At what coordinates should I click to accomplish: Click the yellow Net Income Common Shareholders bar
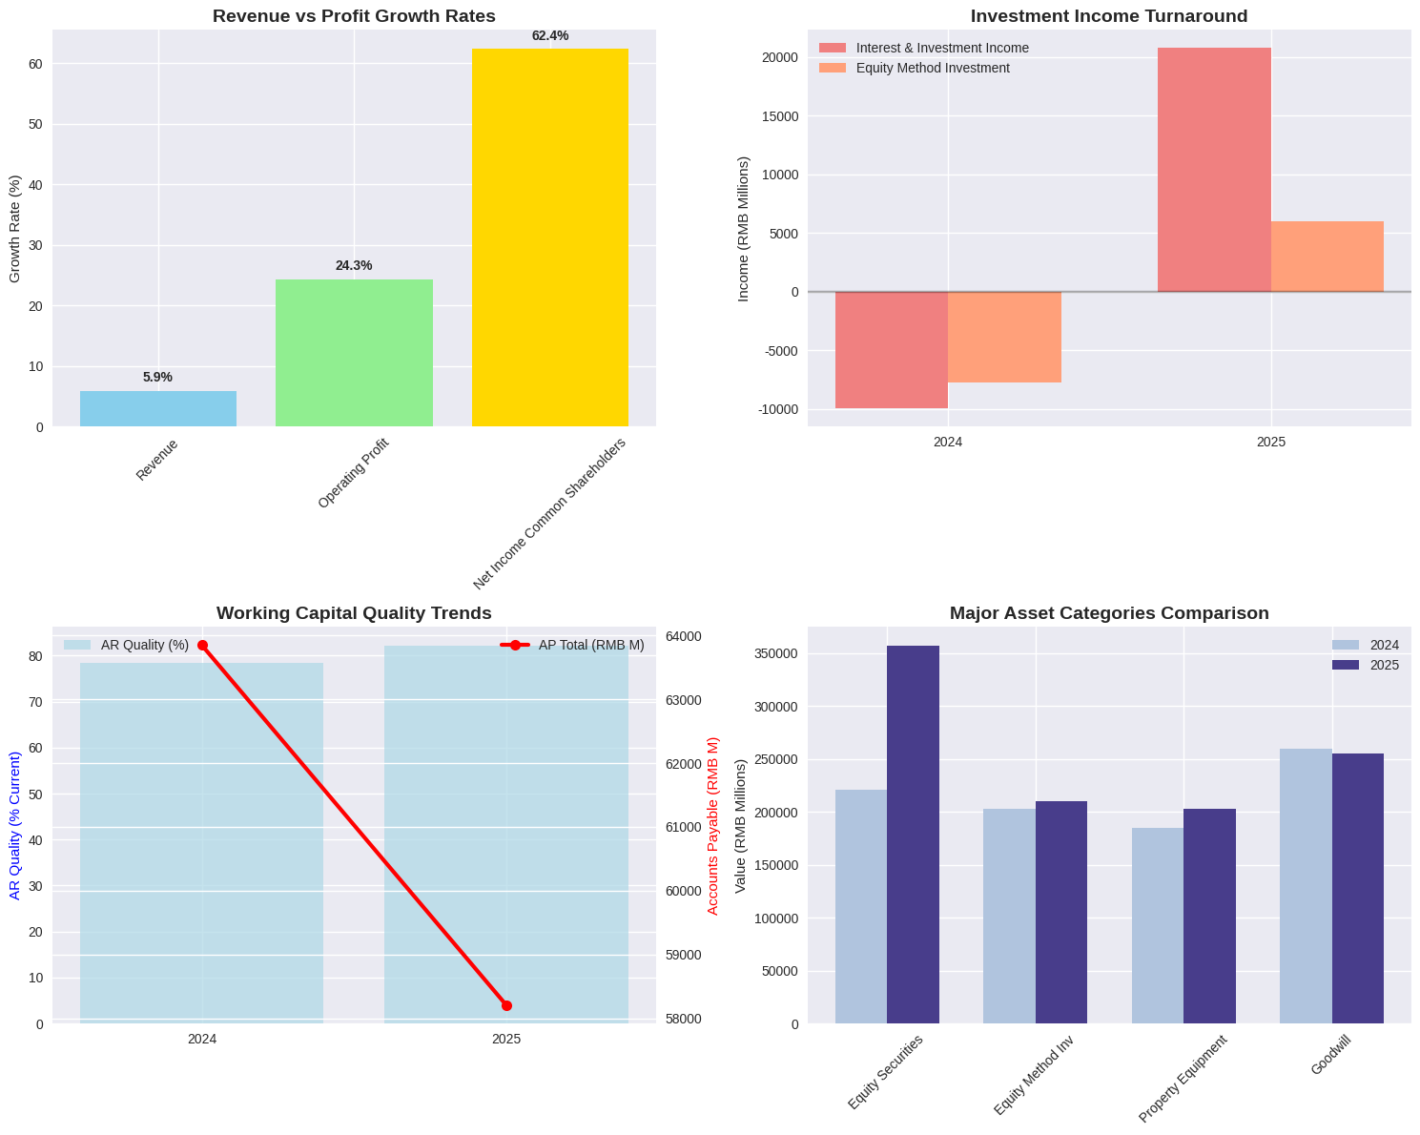pyautogui.click(x=549, y=237)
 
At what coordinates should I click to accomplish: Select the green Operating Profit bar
pyautogui.click(x=354, y=353)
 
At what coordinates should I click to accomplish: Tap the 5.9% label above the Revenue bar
pyautogui.click(x=157, y=377)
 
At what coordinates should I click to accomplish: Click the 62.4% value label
pyautogui.click(x=549, y=36)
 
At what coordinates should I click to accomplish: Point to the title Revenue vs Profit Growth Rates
pyautogui.click(x=354, y=16)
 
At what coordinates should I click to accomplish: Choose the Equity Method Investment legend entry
pyautogui.click(x=932, y=68)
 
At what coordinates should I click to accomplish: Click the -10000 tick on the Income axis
pyautogui.click(x=780, y=409)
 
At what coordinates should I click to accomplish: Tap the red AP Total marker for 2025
pyautogui.click(x=506, y=1005)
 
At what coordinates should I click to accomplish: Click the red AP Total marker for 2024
pyautogui.click(x=202, y=646)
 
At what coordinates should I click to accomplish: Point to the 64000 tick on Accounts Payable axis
pyautogui.click(x=683, y=636)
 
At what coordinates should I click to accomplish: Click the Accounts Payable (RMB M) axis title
pyautogui.click(x=712, y=826)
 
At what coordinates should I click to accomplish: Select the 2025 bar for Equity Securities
pyautogui.click(x=913, y=835)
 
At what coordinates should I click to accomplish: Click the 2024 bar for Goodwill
pyautogui.click(x=1306, y=886)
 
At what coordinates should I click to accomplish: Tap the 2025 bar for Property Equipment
pyautogui.click(x=1209, y=916)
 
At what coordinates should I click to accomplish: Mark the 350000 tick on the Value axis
pyautogui.click(x=776, y=654)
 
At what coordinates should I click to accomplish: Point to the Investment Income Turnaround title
pyautogui.click(x=1109, y=16)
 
